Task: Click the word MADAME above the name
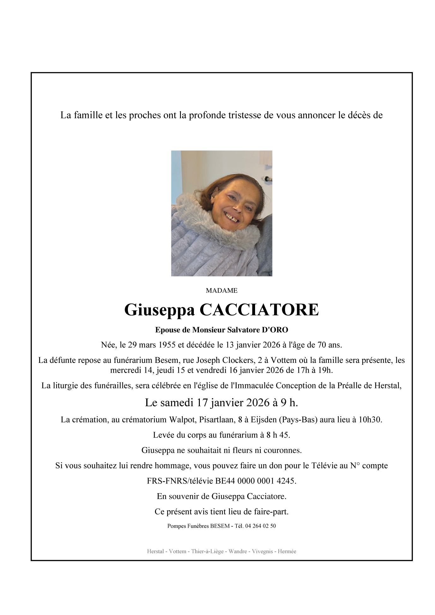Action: click(221, 291)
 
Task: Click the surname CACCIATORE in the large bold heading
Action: click(259, 310)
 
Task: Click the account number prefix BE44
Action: click(225, 481)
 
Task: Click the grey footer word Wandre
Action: click(238, 552)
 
